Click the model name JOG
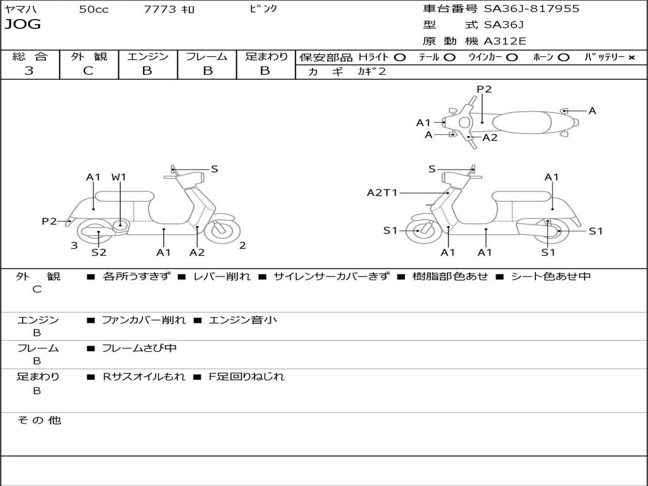(23, 25)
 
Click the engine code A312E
(505, 42)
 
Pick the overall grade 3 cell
(29, 71)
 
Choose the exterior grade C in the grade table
(88, 71)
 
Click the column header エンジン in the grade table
(147, 56)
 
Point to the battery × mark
(631, 57)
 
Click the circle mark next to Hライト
(399, 57)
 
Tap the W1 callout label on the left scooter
(119, 177)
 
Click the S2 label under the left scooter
(99, 252)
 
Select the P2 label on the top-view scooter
(484, 89)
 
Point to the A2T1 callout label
(382, 192)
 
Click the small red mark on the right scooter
(430, 205)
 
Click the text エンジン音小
(242, 320)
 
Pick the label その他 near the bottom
(39, 420)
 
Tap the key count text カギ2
(371, 72)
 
